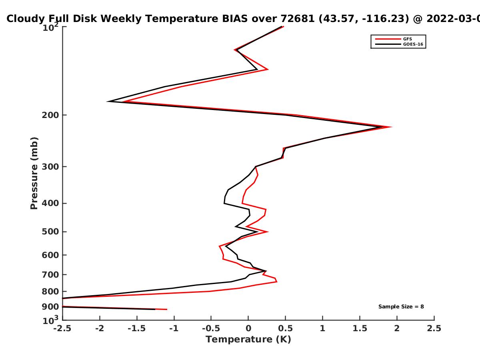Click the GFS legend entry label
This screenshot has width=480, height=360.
coord(407,39)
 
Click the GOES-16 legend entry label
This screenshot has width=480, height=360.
coord(413,44)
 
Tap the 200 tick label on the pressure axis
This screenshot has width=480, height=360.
coord(50,115)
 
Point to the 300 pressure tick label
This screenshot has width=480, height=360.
coord(50,167)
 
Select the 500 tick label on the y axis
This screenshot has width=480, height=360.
coord(50,232)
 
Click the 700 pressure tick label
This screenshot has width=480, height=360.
coord(50,275)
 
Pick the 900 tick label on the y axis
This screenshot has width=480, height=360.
coord(50,307)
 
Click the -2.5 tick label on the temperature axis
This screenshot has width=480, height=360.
coord(62,328)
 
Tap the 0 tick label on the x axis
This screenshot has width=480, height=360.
coord(248,328)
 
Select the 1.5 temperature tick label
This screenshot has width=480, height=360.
coord(360,328)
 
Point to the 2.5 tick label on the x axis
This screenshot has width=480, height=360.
coord(434,328)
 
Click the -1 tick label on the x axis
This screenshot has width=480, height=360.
coord(174,328)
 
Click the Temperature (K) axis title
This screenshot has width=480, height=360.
coord(248,340)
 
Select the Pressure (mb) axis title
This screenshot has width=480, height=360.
coord(34,173)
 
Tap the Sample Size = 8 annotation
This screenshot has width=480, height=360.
coord(401,307)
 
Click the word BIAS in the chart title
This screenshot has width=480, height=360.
coord(235,19)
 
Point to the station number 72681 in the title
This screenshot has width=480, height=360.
coord(298,19)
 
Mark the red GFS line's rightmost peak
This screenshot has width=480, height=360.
coord(390,127)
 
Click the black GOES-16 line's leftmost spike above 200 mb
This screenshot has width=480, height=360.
coord(108,102)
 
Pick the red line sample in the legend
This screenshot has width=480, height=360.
coord(388,39)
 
